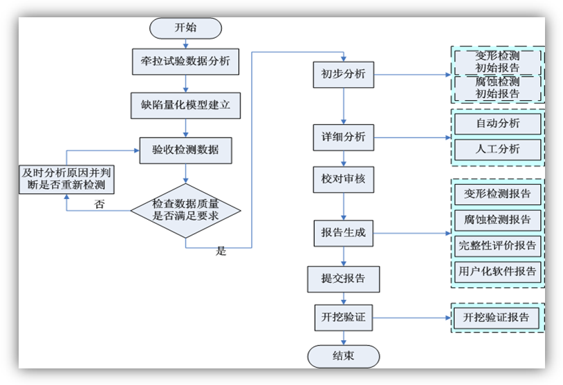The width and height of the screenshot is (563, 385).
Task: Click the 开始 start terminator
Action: point(185,28)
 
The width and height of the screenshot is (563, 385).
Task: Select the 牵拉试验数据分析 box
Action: point(185,62)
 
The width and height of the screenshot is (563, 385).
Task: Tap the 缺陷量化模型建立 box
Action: point(185,106)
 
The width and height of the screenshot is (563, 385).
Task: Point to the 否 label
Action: point(100,205)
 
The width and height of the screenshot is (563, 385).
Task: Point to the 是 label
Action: point(221,251)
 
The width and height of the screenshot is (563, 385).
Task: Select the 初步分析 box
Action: point(343,75)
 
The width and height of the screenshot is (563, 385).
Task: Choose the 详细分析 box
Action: point(343,137)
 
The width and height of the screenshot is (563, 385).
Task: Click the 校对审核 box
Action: point(343,180)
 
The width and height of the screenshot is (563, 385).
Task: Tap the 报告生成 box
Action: point(343,233)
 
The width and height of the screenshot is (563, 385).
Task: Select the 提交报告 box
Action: point(343,279)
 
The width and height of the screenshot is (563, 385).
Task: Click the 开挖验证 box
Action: point(343,318)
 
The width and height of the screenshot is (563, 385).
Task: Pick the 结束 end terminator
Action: point(343,357)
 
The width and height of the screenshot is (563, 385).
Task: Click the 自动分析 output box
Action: point(497,124)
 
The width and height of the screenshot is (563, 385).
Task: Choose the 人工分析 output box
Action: point(497,149)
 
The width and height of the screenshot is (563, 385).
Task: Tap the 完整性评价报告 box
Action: point(497,245)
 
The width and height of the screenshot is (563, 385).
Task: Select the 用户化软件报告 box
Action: point(497,271)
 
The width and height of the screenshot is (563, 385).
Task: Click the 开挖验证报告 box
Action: point(497,318)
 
